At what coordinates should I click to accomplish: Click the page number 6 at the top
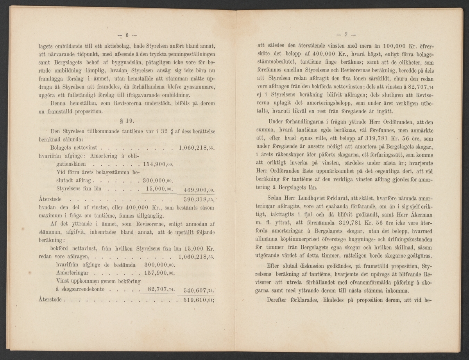(128, 34)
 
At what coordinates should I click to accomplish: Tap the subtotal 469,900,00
(199, 190)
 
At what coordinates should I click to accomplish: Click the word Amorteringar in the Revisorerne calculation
(73, 273)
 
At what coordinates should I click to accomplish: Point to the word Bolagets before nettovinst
(62, 148)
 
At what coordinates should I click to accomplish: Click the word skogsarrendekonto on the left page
(82, 290)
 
